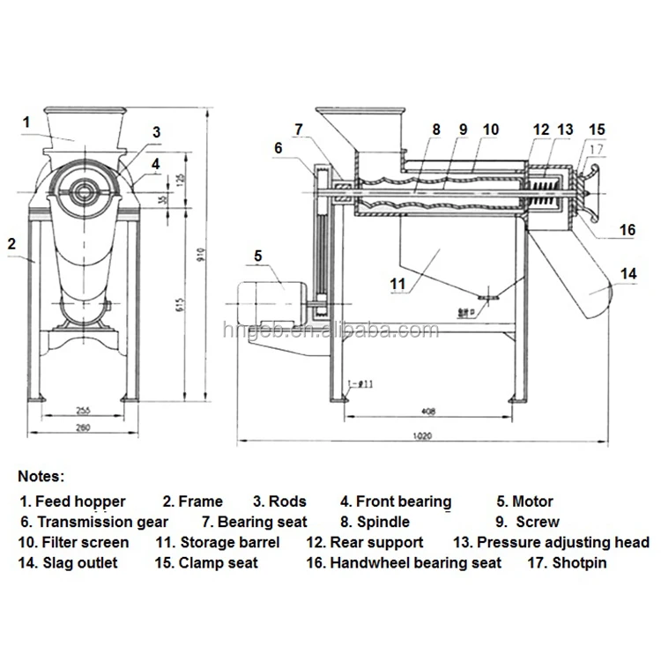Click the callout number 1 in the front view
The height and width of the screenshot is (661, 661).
(27, 121)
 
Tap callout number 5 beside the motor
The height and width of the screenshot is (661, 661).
(258, 256)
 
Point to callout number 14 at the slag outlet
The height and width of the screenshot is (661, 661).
(628, 273)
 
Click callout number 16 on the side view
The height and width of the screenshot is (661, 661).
(627, 229)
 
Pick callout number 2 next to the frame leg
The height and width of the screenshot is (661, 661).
(12, 240)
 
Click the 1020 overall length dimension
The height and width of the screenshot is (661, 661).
(422, 434)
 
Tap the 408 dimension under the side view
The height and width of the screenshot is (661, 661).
(427, 410)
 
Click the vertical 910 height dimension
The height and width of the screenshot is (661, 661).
(201, 256)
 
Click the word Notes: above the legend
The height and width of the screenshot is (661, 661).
(41, 476)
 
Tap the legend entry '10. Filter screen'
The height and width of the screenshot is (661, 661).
(73, 542)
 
